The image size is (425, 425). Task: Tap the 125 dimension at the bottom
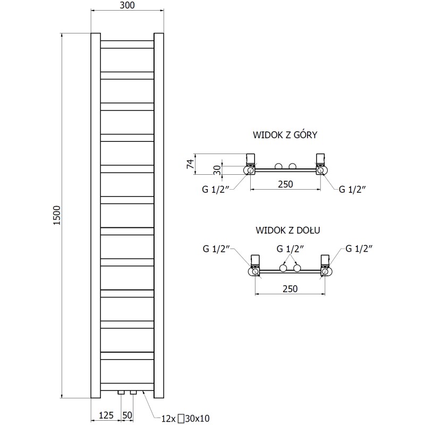pos(105,414)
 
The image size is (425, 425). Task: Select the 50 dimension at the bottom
pos(127,414)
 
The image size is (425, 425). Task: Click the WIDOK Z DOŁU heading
pos(286,231)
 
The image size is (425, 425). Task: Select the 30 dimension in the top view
pos(217,170)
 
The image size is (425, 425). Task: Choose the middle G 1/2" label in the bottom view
pos(290,248)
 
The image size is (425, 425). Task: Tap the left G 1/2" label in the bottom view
pos(215,248)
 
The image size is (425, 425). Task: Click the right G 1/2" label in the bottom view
pos(360,248)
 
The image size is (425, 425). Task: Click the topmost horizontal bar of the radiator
pos(127,45)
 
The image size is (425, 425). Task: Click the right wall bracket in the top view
pos(321,159)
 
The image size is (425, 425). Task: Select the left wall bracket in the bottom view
pos(255,260)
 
